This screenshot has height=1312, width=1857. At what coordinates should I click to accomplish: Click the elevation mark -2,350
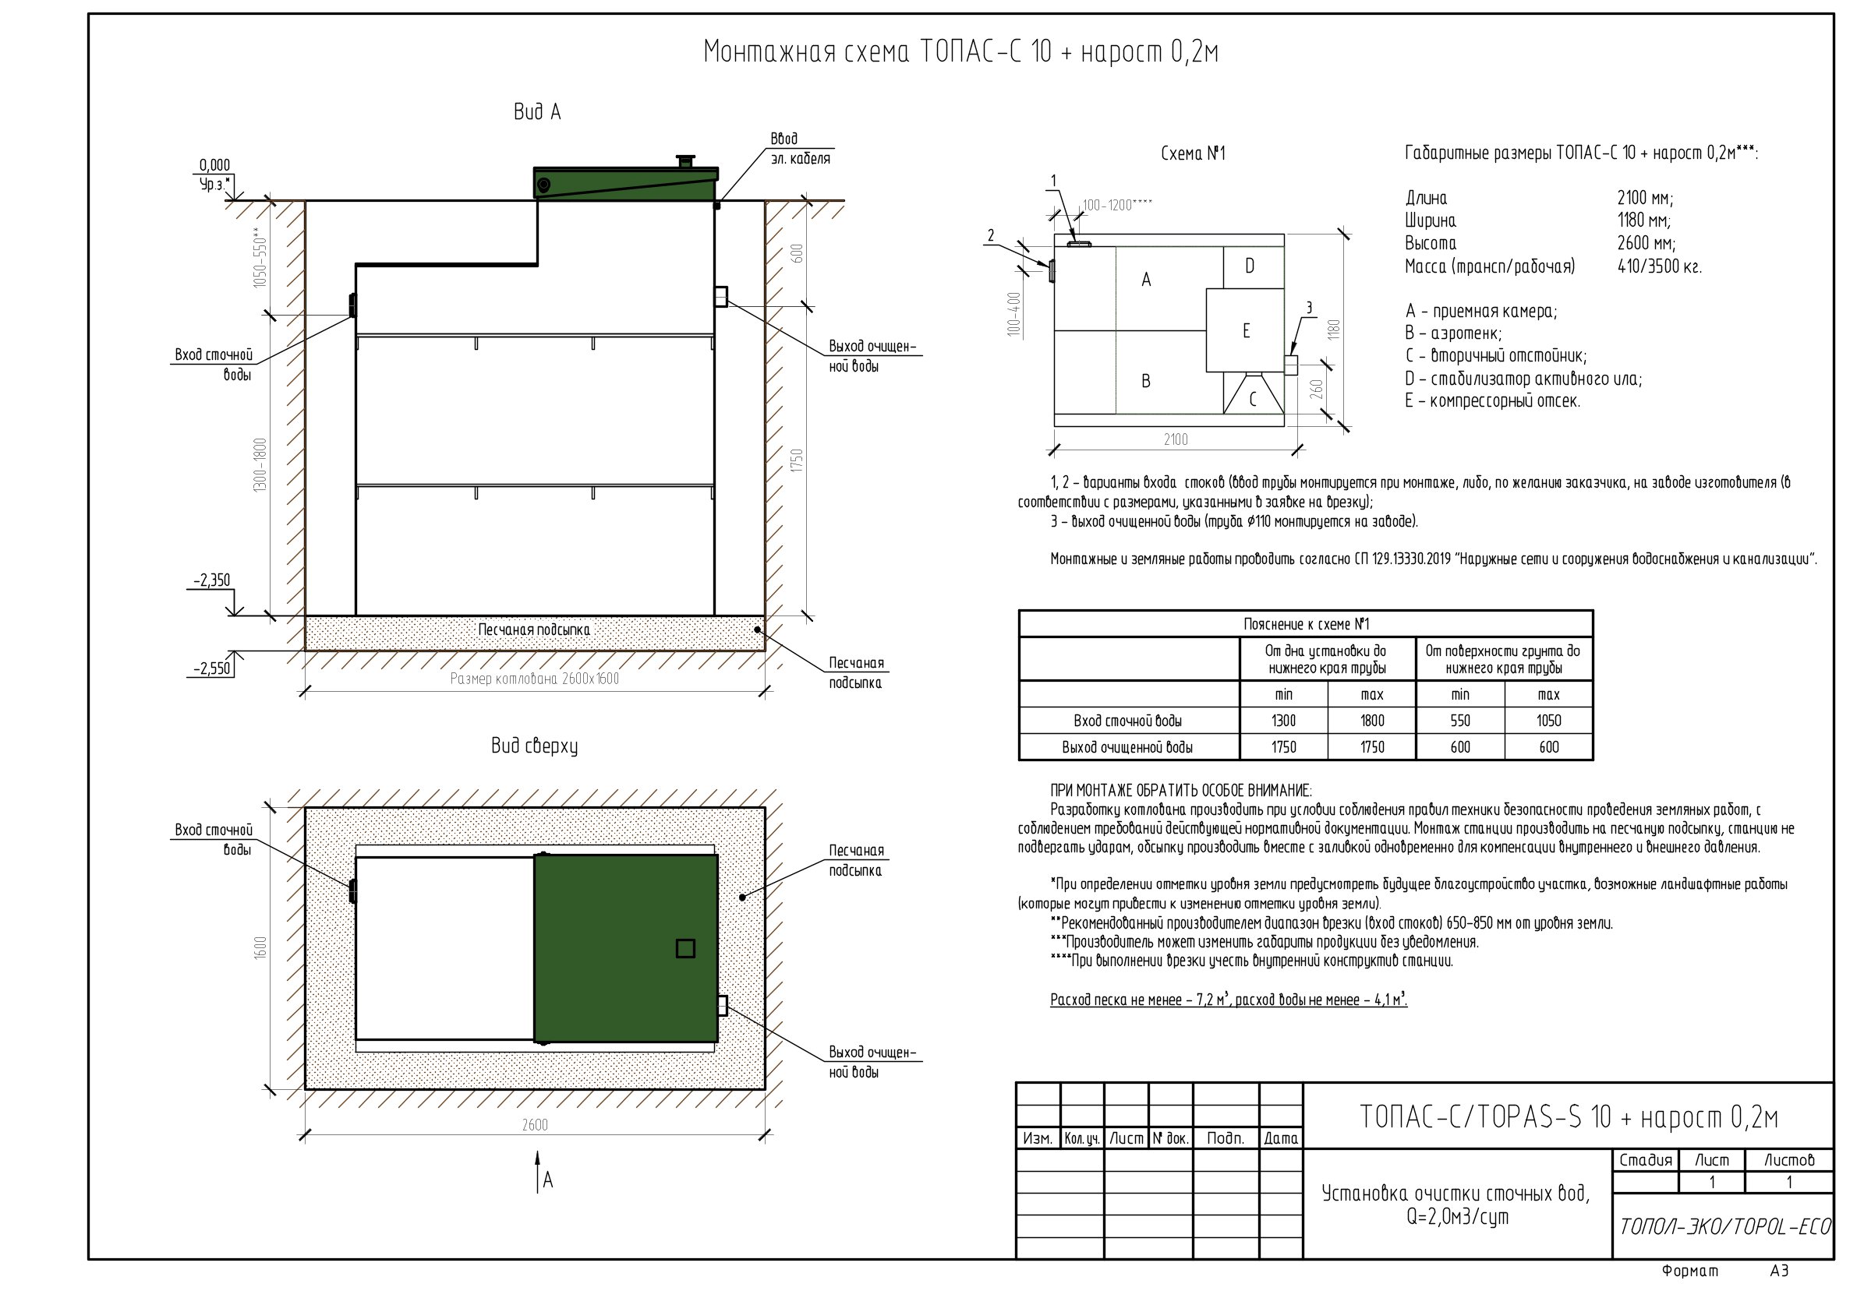coord(212,580)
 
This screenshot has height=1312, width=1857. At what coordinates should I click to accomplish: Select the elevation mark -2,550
coord(212,668)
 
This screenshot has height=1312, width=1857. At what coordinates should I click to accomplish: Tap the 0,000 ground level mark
coord(215,166)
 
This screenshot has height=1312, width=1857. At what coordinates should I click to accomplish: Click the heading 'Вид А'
coord(537,111)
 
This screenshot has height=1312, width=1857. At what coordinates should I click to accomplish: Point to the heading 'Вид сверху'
coord(535,746)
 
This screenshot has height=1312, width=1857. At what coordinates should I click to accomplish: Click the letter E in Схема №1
coord(1247,330)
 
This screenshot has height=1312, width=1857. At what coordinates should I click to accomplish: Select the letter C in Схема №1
coord(1253,399)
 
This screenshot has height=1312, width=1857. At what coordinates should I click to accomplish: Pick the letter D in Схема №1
coord(1250,266)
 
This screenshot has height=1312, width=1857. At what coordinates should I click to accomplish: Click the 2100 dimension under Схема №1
coord(1176,439)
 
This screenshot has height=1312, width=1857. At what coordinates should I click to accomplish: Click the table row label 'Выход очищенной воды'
coord(1127,748)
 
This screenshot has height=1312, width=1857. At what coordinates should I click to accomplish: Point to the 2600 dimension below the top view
coord(535,1124)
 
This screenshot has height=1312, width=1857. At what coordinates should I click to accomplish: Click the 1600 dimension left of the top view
coord(260,948)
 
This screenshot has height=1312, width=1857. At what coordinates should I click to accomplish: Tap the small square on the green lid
coord(685,948)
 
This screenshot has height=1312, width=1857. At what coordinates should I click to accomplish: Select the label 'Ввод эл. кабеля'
coord(800,149)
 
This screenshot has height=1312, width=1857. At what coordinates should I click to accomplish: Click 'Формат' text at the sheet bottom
coord(1690,1271)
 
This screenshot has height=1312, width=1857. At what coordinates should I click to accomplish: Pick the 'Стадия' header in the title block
coord(1645,1160)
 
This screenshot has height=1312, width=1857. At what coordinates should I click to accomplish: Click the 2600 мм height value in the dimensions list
coord(1646,243)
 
